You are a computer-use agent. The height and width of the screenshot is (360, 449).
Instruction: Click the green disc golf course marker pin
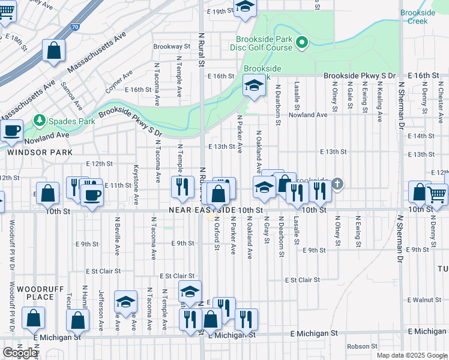click(x=303, y=43)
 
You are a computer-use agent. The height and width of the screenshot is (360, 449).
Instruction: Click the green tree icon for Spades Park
click(x=40, y=121)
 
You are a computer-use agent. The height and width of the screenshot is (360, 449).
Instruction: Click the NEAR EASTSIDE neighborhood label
click(x=202, y=210)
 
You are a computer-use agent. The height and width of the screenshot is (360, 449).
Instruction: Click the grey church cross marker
click(x=337, y=184)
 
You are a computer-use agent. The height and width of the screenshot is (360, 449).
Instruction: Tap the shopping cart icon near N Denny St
click(x=436, y=194)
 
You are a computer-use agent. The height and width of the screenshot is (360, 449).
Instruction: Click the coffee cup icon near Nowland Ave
click(x=12, y=130)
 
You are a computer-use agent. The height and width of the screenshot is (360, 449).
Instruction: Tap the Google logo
click(x=20, y=353)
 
